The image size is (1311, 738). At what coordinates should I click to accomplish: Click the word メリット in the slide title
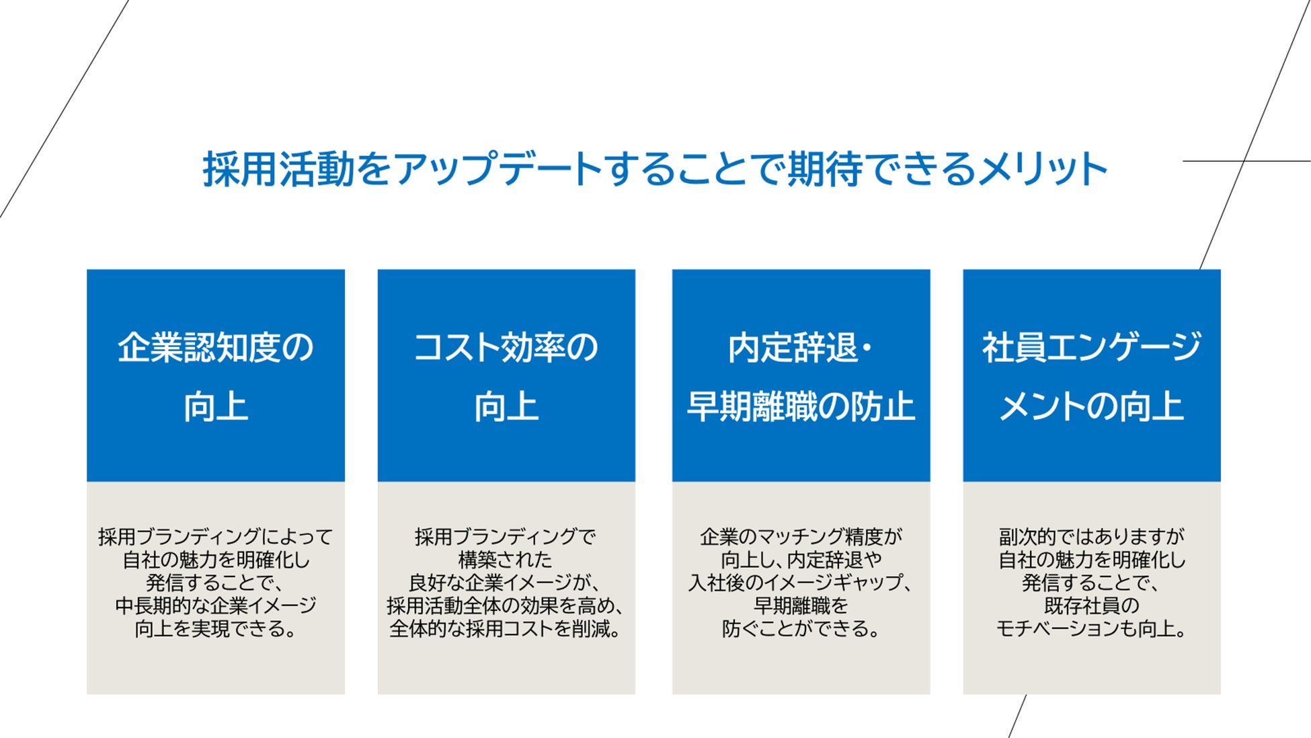click(x=1042, y=169)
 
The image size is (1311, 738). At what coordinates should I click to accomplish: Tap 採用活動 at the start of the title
click(x=279, y=169)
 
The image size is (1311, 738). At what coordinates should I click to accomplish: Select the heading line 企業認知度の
click(x=216, y=348)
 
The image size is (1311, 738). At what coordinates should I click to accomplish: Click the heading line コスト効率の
click(x=506, y=348)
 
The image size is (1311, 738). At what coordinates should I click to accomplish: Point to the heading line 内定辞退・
click(x=801, y=348)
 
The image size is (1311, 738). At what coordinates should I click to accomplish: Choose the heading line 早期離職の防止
click(x=801, y=406)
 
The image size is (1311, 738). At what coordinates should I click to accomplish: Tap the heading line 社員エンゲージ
click(x=1091, y=348)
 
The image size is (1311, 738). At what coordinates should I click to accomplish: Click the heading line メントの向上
click(x=1091, y=406)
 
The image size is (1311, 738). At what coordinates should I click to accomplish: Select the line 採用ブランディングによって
click(x=216, y=537)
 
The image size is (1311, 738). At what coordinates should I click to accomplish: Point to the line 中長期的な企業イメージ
click(x=216, y=605)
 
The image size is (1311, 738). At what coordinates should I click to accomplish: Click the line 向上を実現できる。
click(x=216, y=629)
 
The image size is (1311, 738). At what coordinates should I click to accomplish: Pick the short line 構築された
click(x=506, y=560)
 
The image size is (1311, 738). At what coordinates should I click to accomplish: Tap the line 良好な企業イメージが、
click(x=506, y=583)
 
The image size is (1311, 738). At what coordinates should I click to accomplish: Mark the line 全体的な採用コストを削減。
click(x=506, y=629)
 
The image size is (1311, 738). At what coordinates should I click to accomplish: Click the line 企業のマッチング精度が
click(x=801, y=537)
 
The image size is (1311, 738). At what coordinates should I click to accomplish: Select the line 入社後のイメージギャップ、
click(x=801, y=583)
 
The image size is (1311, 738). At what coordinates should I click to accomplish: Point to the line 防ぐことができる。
click(x=801, y=629)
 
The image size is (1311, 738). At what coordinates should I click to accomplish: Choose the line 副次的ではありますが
click(x=1091, y=537)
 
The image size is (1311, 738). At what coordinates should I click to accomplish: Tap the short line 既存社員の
click(x=1091, y=605)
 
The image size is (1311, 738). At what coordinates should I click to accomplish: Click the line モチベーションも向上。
click(x=1091, y=629)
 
